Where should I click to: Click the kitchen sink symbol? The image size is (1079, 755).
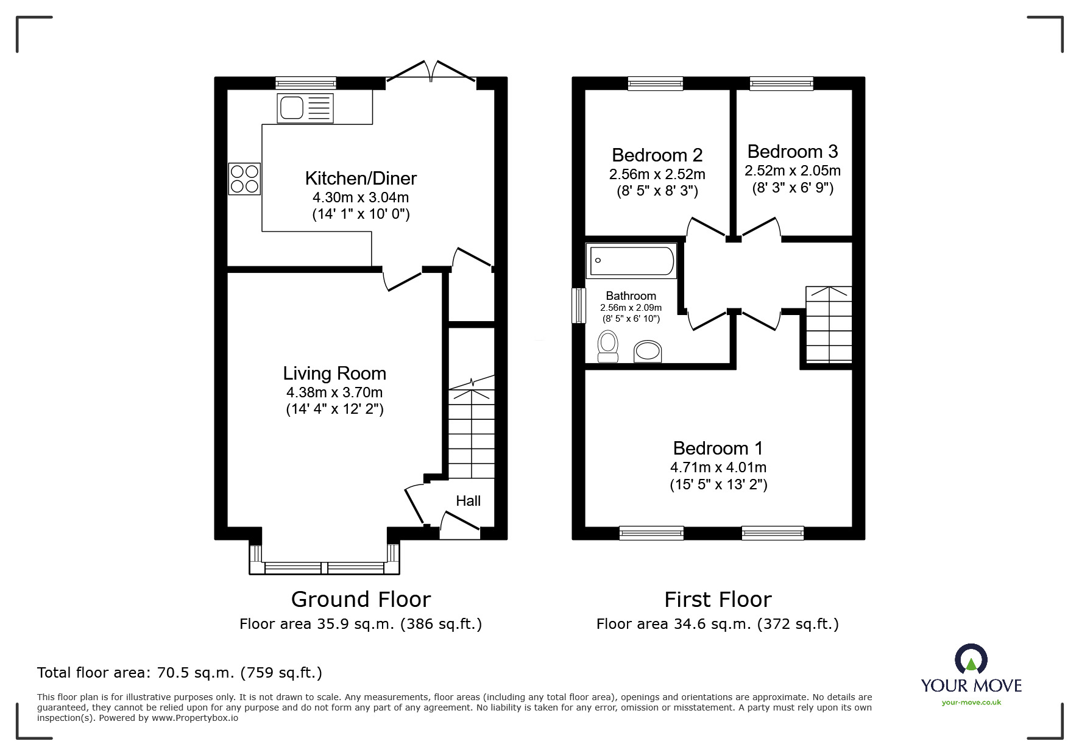(x=305, y=108)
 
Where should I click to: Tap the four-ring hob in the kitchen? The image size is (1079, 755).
(x=244, y=179)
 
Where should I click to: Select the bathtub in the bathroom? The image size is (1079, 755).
(x=631, y=261)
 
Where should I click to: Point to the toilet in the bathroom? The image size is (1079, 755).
(x=607, y=346)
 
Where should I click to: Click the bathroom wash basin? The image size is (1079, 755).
(x=648, y=352)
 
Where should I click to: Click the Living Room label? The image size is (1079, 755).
(x=334, y=374)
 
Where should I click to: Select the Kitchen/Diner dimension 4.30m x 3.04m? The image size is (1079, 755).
(x=361, y=197)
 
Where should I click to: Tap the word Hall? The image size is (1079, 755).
(x=468, y=501)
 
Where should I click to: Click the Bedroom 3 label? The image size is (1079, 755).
(x=792, y=151)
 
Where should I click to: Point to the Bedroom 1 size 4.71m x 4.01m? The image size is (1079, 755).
(x=718, y=467)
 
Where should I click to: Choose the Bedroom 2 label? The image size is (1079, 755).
(x=657, y=155)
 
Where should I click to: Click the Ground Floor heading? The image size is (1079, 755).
(x=361, y=600)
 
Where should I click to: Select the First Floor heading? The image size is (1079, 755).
(x=718, y=600)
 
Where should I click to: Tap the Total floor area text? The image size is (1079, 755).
(x=180, y=673)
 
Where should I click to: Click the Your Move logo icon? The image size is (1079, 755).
(x=971, y=660)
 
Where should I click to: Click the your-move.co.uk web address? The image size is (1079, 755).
(x=971, y=703)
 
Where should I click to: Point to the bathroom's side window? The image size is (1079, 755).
(x=578, y=305)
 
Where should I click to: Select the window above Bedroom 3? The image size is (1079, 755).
(x=781, y=83)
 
